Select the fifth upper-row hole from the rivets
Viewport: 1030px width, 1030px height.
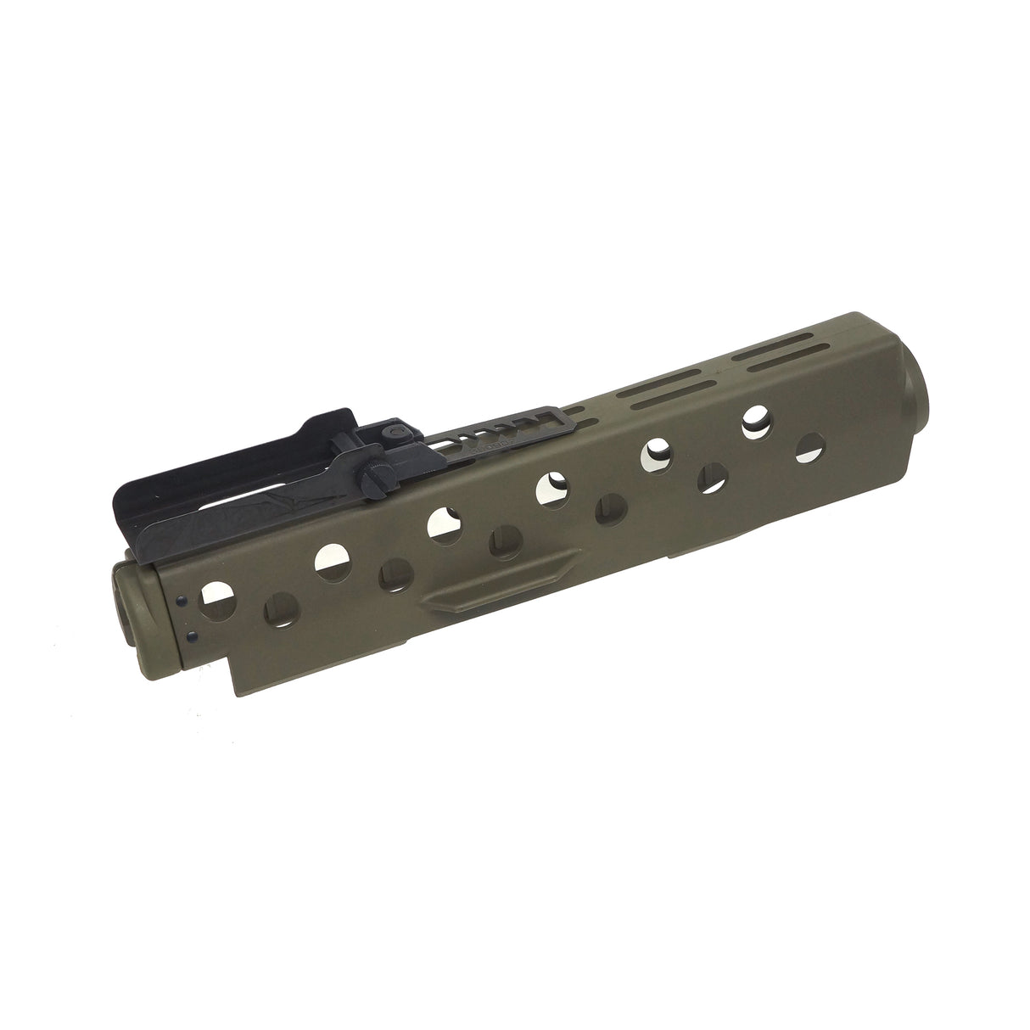656,451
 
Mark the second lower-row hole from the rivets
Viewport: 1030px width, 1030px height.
395,574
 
